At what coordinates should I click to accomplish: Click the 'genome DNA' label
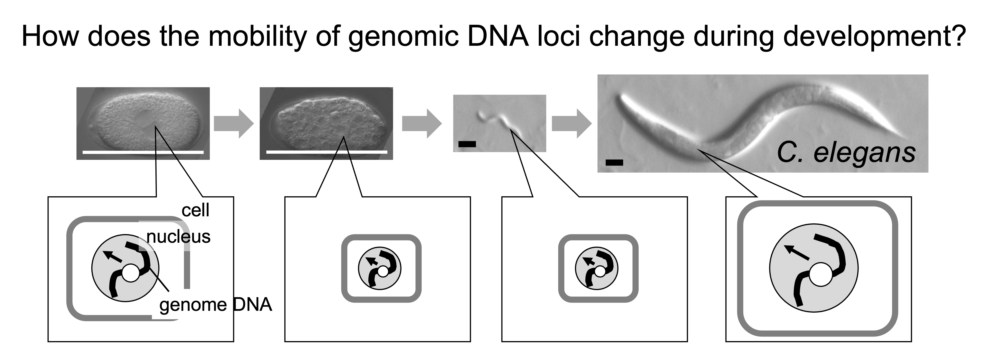pos(215,305)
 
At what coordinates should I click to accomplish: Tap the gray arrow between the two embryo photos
pos(233,123)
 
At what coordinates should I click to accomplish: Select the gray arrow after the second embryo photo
pos(422,123)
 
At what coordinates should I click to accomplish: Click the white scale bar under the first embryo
pos(143,152)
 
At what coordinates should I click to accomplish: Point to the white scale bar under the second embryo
pos(326,152)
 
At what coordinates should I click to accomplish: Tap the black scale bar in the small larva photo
pos(467,144)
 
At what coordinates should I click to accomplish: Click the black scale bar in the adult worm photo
pos(614,163)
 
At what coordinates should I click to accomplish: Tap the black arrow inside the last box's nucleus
pos(797,253)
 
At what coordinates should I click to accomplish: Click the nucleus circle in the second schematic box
pos(379,268)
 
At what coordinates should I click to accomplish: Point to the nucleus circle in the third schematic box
pos(597,268)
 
